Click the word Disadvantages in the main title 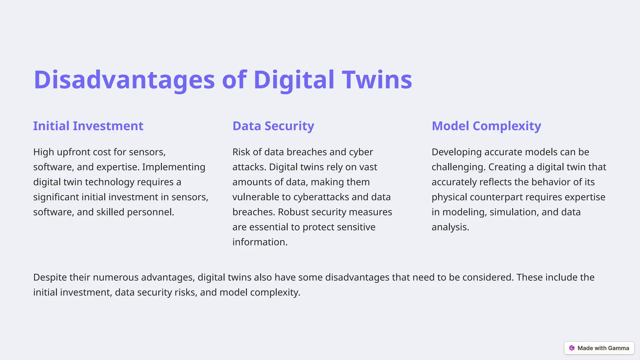124,80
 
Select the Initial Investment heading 88,126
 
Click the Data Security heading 273,126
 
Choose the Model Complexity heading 486,126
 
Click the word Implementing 173,167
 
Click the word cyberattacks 321,197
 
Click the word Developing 457,152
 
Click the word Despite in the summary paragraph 50,277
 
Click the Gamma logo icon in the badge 572,348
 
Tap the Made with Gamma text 603,348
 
